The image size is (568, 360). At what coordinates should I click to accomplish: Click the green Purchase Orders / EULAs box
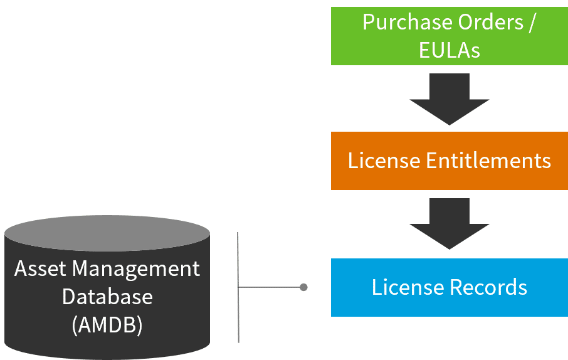coord(449,36)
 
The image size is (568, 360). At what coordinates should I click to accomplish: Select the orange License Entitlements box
coord(449,161)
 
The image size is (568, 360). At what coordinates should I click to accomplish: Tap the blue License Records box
coord(449,287)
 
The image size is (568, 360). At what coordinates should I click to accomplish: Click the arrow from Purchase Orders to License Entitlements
coord(449,98)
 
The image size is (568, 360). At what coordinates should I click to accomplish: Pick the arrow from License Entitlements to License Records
coord(449,224)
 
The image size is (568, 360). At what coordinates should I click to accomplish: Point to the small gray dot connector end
coord(303,287)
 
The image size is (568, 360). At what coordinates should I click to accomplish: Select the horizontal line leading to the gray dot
coord(270,287)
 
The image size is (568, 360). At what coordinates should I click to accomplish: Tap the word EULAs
coord(449,50)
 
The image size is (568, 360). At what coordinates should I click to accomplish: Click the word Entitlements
coord(488,161)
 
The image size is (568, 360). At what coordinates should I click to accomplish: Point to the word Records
coord(488,287)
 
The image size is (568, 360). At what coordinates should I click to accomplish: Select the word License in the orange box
coord(384,161)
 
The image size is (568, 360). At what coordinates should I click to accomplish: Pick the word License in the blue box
coord(408,287)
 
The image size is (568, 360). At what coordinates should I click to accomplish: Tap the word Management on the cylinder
coord(136,270)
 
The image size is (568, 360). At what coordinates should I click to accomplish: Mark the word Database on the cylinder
coord(107,296)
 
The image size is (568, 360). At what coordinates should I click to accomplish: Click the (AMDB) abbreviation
coord(107,324)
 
